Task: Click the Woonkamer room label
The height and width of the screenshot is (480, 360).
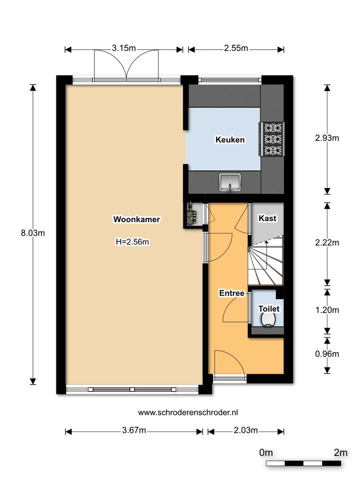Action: [136, 219]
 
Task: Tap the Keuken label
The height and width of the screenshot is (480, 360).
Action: [230, 139]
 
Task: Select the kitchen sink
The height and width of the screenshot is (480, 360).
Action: [230, 182]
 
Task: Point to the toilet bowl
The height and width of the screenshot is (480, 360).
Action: [269, 320]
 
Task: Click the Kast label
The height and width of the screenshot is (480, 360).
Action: [267, 218]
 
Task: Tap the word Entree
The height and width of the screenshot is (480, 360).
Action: [231, 293]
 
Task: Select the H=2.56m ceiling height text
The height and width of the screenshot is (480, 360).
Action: [132, 242]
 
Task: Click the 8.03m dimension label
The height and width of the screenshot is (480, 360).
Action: [33, 233]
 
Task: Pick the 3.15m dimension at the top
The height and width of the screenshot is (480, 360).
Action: [123, 48]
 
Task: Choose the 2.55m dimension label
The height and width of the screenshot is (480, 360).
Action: [236, 48]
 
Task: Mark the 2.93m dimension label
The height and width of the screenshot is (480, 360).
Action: [327, 138]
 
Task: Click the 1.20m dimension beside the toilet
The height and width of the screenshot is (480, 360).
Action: [327, 310]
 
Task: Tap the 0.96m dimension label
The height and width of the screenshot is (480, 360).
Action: [327, 354]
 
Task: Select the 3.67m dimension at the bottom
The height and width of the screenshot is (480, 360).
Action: [134, 430]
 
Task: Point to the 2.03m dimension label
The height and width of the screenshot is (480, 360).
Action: [246, 430]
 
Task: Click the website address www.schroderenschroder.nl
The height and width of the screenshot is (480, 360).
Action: [188, 412]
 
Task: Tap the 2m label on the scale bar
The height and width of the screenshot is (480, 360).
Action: [340, 452]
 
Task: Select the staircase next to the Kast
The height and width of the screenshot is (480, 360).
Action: [265, 260]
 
